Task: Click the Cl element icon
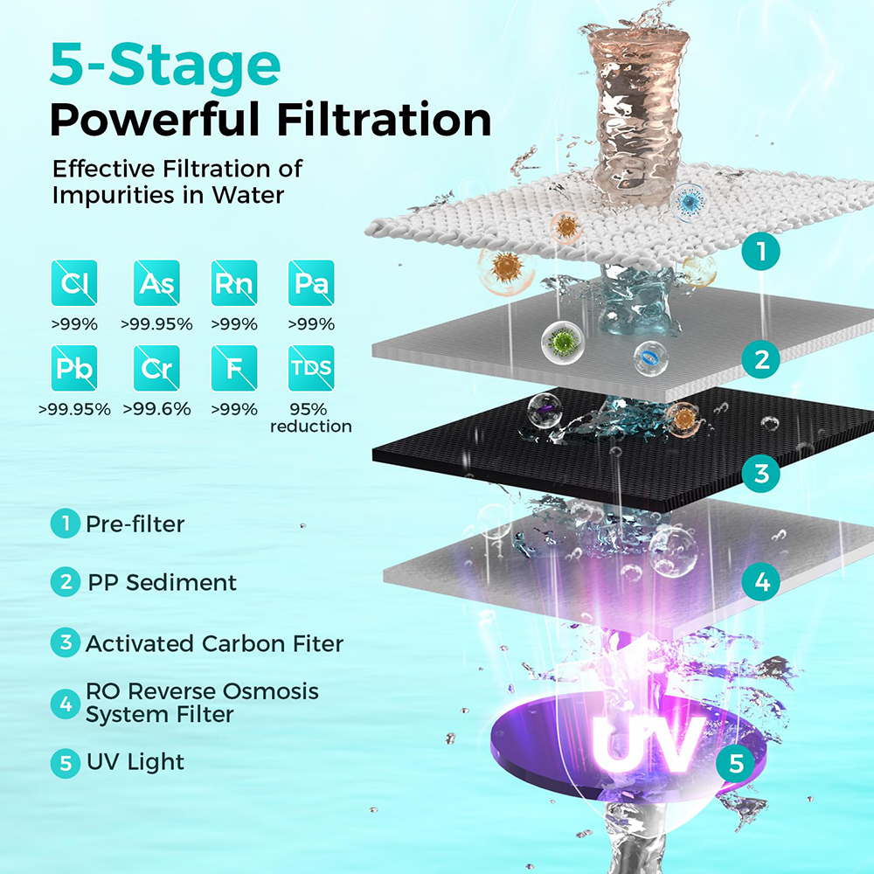[x=74, y=282]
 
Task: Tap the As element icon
[x=156, y=282]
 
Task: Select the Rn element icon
[x=234, y=282]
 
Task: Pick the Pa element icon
[x=311, y=282]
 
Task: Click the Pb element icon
[x=74, y=368]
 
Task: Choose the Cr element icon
[x=156, y=368]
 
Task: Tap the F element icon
[x=234, y=368]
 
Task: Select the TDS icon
[x=311, y=368]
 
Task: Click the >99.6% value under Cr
[x=156, y=409]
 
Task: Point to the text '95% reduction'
[x=310, y=418]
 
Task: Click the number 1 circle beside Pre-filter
[x=66, y=524]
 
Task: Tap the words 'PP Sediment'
[x=163, y=582]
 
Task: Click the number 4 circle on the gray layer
[x=761, y=581]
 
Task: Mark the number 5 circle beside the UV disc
[x=736, y=762]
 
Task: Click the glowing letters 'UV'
[x=646, y=745]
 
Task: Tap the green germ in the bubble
[x=563, y=340]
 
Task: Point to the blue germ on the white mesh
[x=691, y=201]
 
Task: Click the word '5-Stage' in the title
[x=165, y=66]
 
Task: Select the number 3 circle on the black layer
[x=761, y=473]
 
